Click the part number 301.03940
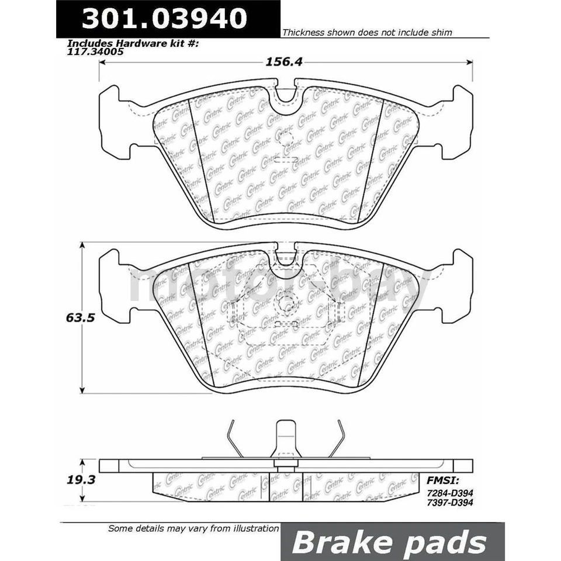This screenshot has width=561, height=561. pos(164,19)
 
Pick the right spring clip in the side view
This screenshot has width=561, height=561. pos(334,439)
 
